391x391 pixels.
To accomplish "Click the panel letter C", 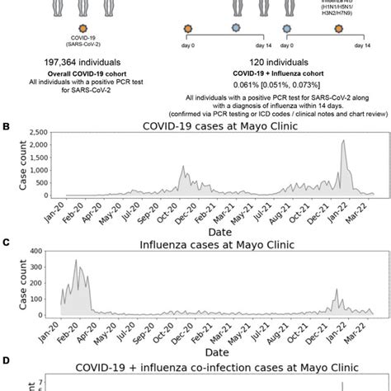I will pyautogui.click(x=7, y=243).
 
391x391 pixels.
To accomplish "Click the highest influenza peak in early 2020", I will pyautogui.click(x=77, y=261).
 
